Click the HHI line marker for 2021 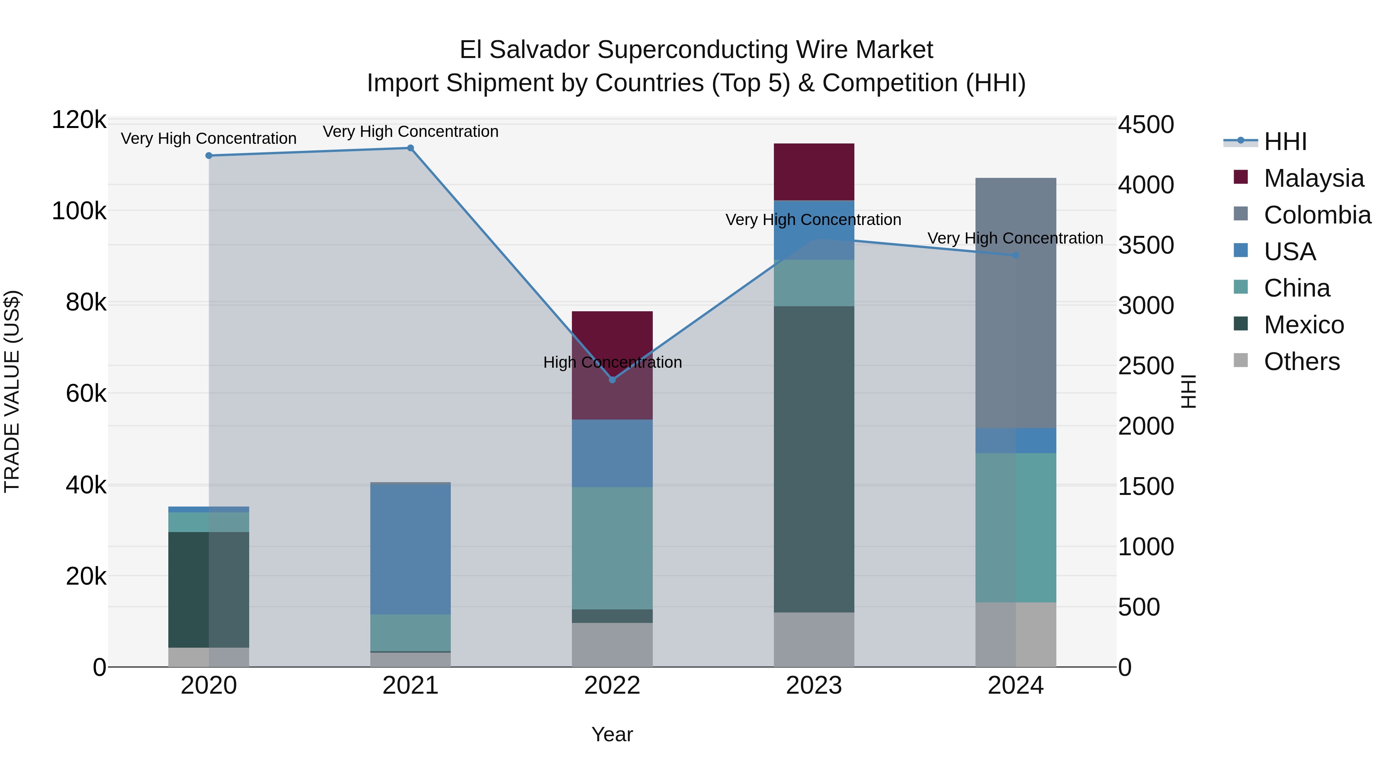pyautogui.click(x=411, y=148)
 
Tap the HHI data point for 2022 pyautogui.click(x=612, y=380)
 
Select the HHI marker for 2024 pyautogui.click(x=1016, y=255)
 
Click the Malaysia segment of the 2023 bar pyautogui.click(x=814, y=172)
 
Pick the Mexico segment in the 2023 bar pyautogui.click(x=814, y=459)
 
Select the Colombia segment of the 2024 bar pyautogui.click(x=1016, y=303)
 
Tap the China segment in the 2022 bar pyautogui.click(x=612, y=548)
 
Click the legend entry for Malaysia pyautogui.click(x=1313, y=178)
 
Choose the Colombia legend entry pyautogui.click(x=1317, y=215)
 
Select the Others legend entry pyautogui.click(x=1301, y=362)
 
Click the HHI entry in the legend pyautogui.click(x=1285, y=142)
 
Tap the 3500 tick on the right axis pyautogui.click(x=1146, y=245)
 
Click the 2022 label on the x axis pyautogui.click(x=612, y=686)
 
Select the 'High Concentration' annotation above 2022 pyautogui.click(x=612, y=362)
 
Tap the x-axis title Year pyautogui.click(x=612, y=734)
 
